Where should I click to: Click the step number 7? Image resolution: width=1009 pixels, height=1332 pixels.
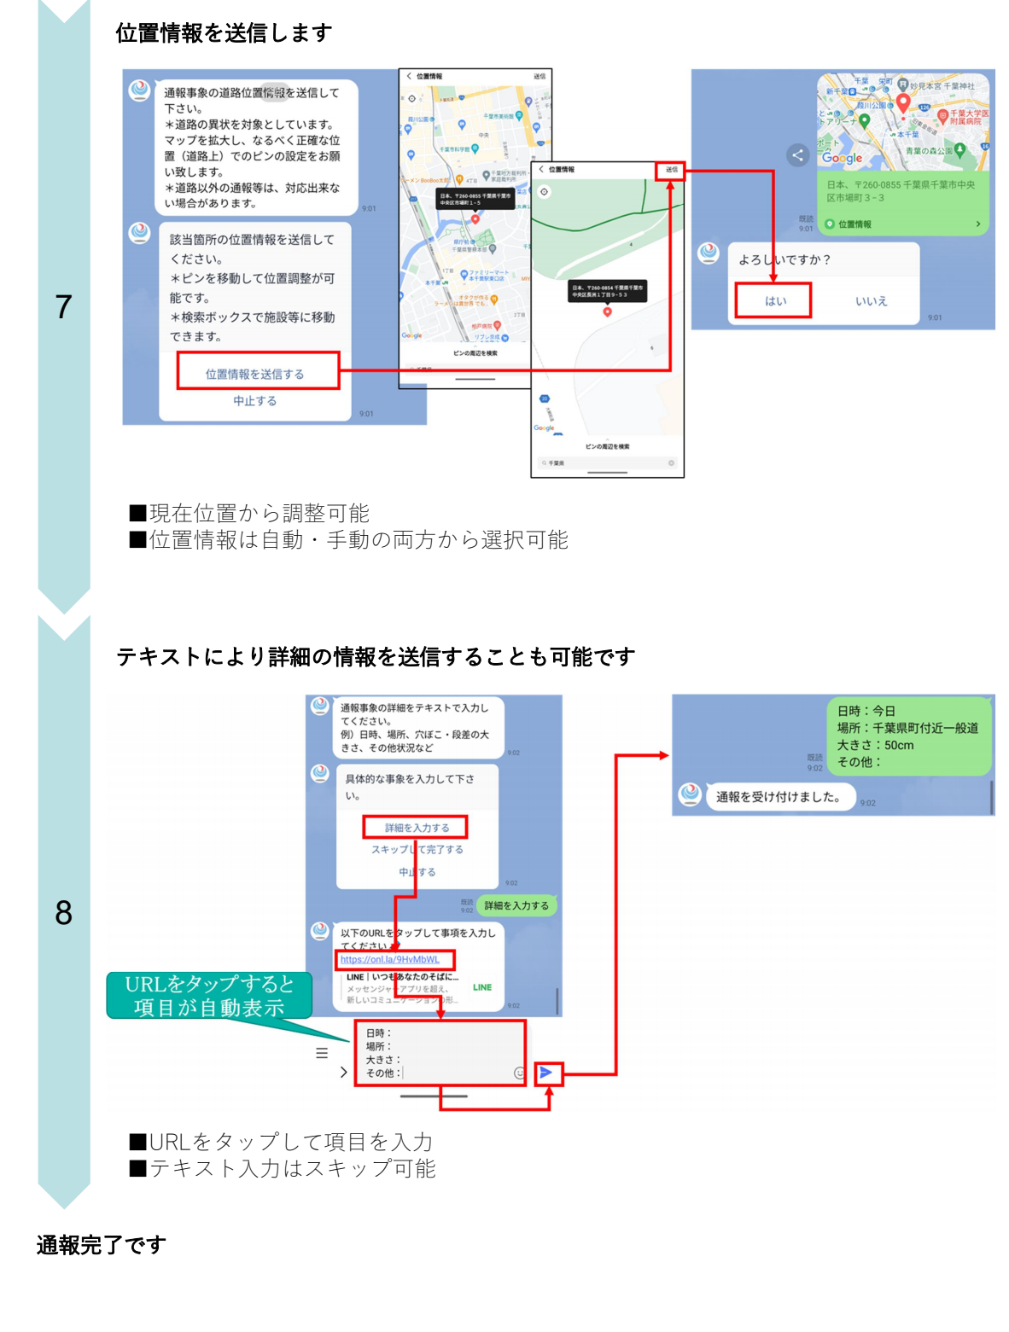coord(63,307)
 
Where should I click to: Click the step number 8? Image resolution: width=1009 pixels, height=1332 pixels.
coord(63,913)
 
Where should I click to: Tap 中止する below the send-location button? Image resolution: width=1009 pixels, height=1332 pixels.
coord(254,401)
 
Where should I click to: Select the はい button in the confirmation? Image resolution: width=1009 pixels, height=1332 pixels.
coord(774,301)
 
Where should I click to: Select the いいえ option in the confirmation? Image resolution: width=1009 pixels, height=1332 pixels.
coord(871,301)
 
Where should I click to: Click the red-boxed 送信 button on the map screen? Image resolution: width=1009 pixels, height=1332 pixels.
coord(671,170)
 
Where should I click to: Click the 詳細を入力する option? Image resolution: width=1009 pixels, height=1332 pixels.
coord(416,827)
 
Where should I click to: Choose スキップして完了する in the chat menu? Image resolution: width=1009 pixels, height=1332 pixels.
coord(417,850)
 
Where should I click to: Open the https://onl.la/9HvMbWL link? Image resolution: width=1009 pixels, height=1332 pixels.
coord(390,960)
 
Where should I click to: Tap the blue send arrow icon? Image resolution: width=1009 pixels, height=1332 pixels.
coord(547,1073)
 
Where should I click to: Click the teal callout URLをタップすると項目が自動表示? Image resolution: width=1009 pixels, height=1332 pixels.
coord(209,996)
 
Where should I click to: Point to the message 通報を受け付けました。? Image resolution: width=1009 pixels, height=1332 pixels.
coord(778,797)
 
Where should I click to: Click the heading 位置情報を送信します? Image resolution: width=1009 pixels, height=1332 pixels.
coord(224,33)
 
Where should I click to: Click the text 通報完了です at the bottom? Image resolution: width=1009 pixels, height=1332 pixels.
coord(101,1245)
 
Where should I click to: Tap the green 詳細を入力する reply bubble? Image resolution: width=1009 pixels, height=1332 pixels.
coord(516,905)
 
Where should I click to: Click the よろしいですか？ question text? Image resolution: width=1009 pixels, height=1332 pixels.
coord(784,260)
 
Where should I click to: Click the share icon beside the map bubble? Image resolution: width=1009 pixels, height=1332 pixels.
coord(797,154)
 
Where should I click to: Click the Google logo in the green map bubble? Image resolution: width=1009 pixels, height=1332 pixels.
coord(843,158)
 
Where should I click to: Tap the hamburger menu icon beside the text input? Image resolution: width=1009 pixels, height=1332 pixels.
coord(322,1053)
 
